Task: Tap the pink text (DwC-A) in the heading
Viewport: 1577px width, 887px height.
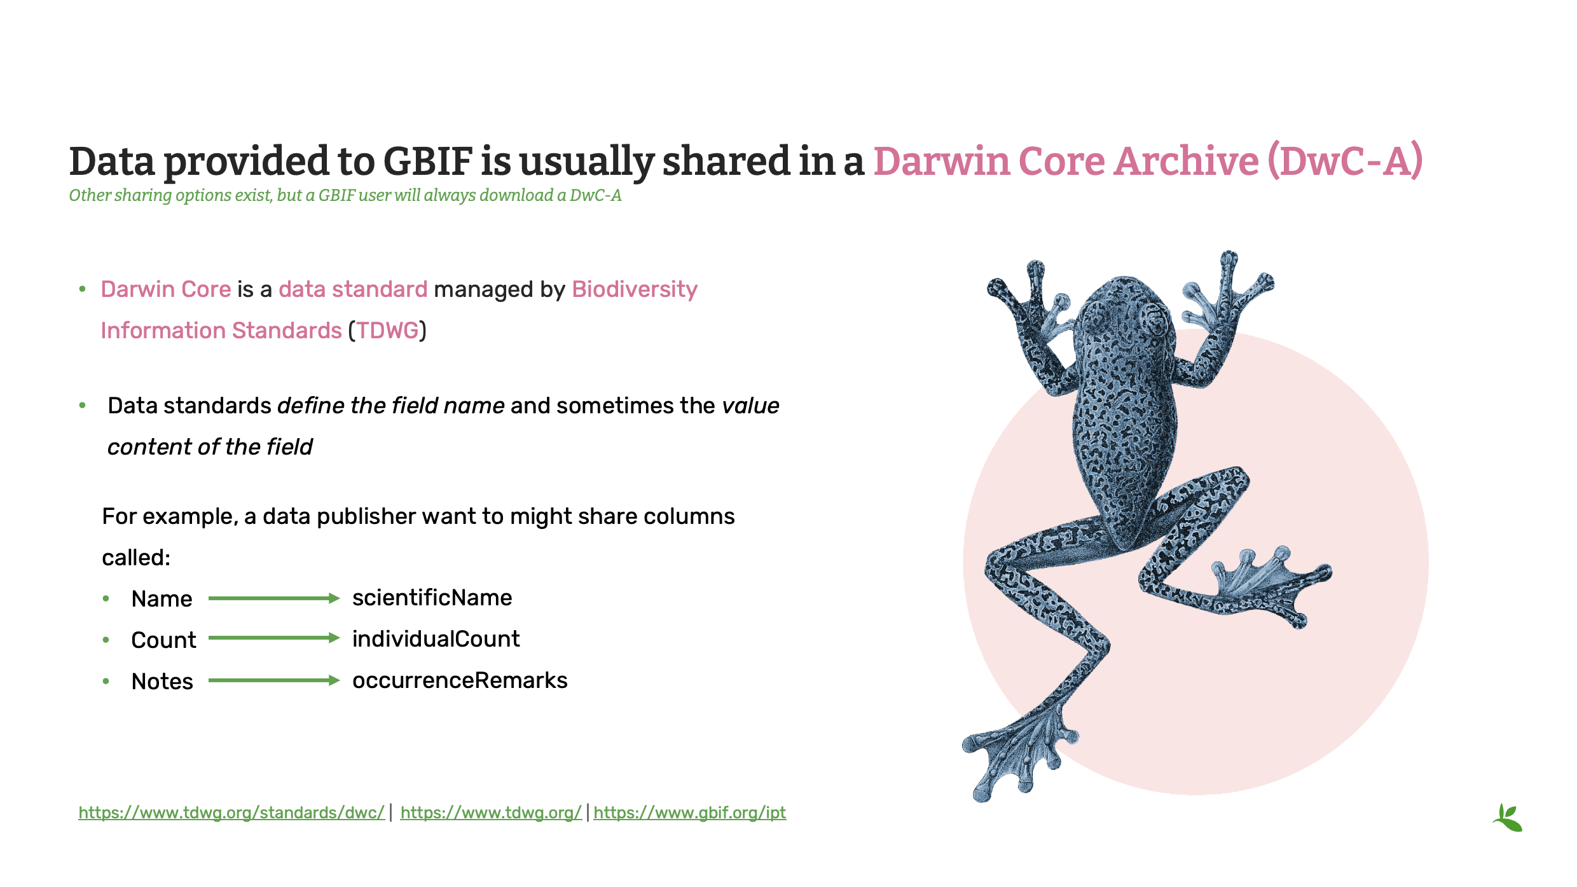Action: [1344, 161]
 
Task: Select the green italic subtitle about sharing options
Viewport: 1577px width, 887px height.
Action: [345, 195]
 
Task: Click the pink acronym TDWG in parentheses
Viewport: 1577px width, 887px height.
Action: [387, 331]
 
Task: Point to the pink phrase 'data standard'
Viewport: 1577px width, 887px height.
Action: [353, 289]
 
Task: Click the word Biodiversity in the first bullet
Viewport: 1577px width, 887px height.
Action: [634, 289]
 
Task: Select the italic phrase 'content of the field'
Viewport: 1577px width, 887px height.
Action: [210, 447]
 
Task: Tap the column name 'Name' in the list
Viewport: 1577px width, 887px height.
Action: [162, 599]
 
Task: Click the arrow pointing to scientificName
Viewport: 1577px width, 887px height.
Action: [273, 598]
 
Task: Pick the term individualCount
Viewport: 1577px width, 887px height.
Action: [436, 639]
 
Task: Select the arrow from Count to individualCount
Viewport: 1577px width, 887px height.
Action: [273, 638]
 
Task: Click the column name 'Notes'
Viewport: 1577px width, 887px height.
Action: [162, 682]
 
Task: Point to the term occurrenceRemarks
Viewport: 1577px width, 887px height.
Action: [459, 680]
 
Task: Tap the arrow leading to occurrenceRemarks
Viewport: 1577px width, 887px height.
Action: [273, 680]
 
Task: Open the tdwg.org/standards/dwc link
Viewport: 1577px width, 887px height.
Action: [231, 813]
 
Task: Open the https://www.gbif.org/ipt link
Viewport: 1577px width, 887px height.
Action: [689, 813]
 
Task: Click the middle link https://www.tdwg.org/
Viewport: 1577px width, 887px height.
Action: [490, 813]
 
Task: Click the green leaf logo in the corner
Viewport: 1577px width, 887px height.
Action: [1508, 818]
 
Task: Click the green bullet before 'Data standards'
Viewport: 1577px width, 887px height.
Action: [82, 405]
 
